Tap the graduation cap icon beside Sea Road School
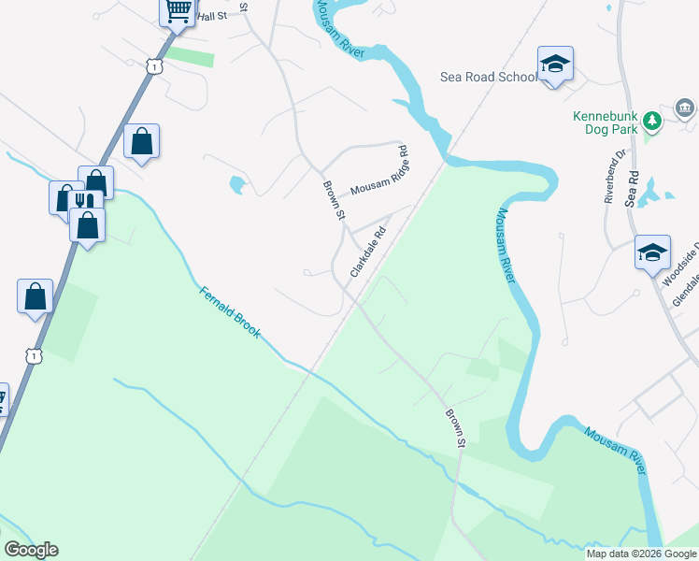555,64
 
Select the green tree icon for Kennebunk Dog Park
652,120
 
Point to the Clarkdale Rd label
367,253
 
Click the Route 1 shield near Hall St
153,65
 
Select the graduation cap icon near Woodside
652,252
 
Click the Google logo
31,550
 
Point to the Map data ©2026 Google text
641,554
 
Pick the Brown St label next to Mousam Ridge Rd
334,201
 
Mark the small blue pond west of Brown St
237,185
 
